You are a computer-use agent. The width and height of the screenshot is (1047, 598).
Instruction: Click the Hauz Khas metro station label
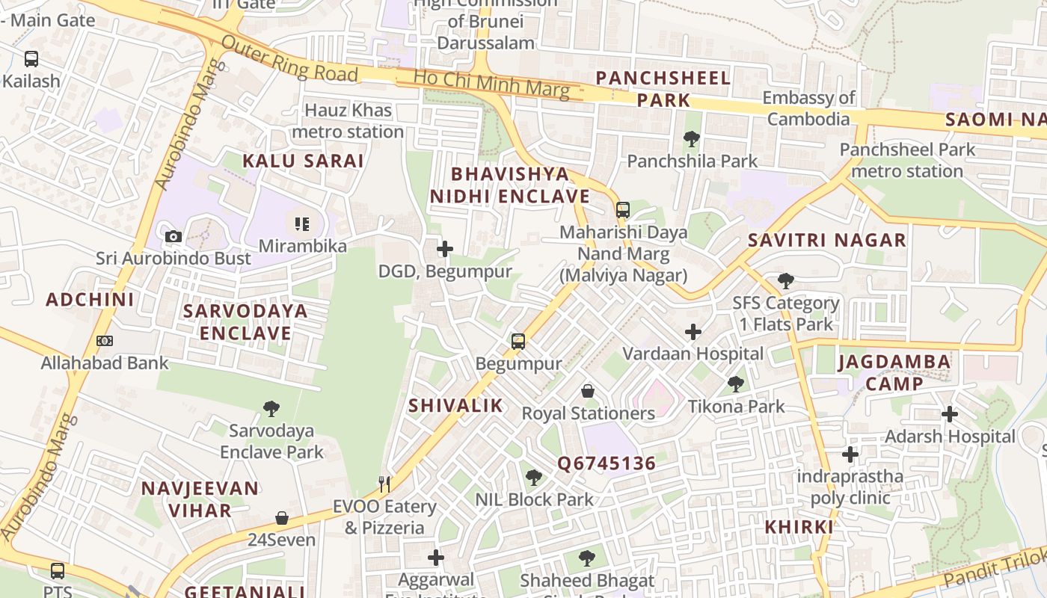click(348, 121)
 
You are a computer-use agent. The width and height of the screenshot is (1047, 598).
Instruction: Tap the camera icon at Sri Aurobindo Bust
click(174, 237)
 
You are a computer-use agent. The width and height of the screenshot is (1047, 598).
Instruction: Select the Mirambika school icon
click(301, 224)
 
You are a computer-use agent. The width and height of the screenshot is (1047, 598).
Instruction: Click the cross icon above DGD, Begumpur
click(445, 249)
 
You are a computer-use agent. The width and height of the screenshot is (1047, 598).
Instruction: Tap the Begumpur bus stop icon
click(518, 342)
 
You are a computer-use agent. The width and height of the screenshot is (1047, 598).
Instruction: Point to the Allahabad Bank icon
click(105, 341)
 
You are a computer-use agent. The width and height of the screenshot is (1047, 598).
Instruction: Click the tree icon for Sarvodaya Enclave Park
click(271, 409)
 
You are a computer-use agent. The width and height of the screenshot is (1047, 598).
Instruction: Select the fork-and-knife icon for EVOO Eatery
click(384, 484)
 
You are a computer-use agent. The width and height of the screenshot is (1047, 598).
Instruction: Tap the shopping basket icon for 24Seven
click(282, 518)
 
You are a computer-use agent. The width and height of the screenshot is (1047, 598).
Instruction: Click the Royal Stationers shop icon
click(588, 391)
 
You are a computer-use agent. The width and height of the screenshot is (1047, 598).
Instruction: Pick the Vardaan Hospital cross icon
click(693, 332)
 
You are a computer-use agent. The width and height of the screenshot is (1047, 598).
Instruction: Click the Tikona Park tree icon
click(736, 384)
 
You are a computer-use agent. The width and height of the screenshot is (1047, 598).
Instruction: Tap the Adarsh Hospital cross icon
click(950, 414)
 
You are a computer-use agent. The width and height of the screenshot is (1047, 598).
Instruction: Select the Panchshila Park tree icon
click(692, 139)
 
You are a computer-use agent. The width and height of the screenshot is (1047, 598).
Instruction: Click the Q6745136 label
click(607, 463)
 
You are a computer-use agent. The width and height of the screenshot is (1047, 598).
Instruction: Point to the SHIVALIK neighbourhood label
click(455, 406)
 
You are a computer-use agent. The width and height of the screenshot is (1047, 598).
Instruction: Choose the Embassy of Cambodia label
click(808, 108)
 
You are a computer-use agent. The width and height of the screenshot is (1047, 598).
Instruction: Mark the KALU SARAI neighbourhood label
click(303, 161)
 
